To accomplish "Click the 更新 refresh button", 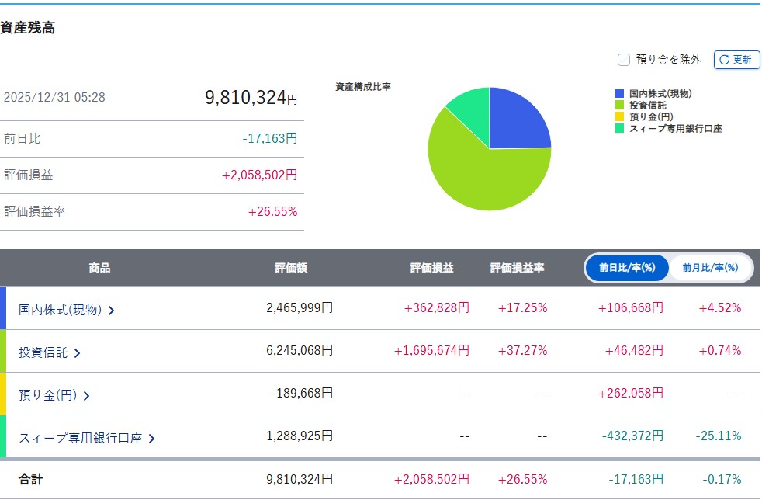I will tap(736, 59).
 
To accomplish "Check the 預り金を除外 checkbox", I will tap(623, 59).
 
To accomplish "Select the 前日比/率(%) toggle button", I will tap(626, 268).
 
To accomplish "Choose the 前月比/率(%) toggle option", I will tap(709, 268).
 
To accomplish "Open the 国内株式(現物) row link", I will tap(67, 309).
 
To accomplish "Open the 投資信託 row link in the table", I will tap(50, 352).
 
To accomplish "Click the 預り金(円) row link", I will tap(54, 395).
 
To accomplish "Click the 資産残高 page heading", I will tap(28, 28).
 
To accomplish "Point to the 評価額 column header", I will tap(291, 268).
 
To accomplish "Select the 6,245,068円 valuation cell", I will tap(300, 351).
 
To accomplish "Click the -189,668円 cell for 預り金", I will tap(302, 394).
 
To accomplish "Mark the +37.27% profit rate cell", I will tap(522, 351).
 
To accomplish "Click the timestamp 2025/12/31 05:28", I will tap(54, 98).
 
